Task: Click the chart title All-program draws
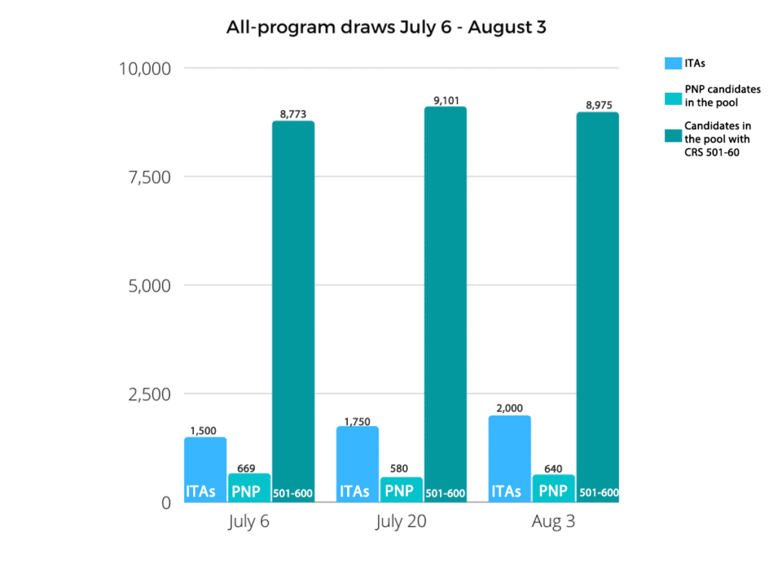(386, 29)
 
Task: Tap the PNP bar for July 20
(401, 486)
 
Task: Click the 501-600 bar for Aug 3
(597, 302)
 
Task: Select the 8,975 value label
(597, 104)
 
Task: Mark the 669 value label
(249, 467)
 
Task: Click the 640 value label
(553, 468)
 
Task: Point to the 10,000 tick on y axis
(146, 69)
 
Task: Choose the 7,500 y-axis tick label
(150, 177)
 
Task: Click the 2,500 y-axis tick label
(150, 394)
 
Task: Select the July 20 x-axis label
(400, 522)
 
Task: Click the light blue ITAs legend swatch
(673, 63)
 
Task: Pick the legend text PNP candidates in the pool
(722, 95)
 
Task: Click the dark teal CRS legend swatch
(673, 136)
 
